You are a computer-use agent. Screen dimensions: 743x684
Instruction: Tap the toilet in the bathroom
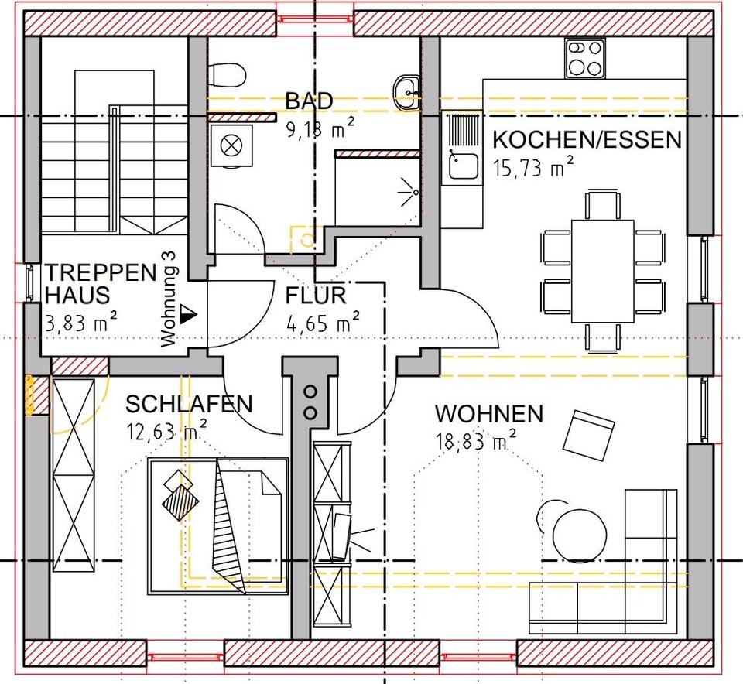[227, 75]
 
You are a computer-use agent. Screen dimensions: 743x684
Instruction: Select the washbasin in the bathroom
[406, 92]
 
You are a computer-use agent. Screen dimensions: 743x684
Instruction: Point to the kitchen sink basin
[463, 166]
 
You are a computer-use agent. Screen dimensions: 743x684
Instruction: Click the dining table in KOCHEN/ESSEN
[602, 271]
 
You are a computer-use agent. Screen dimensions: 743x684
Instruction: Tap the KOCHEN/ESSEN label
[587, 140]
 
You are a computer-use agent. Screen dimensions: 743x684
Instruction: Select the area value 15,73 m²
[533, 167]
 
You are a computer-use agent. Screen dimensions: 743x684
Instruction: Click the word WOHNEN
[489, 413]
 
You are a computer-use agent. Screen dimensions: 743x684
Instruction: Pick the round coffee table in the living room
[580, 535]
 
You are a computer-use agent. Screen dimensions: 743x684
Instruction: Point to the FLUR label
[316, 296]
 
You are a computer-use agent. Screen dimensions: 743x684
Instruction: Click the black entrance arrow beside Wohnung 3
[189, 314]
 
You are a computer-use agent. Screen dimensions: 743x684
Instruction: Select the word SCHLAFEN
[189, 404]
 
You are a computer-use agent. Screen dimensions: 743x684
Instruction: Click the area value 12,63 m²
[166, 430]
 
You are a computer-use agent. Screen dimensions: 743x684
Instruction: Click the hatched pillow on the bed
[180, 503]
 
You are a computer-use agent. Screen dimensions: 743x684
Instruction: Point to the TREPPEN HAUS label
[101, 284]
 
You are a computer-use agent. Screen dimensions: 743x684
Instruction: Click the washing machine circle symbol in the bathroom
[231, 146]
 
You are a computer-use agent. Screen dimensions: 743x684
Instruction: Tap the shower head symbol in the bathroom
[409, 192]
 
